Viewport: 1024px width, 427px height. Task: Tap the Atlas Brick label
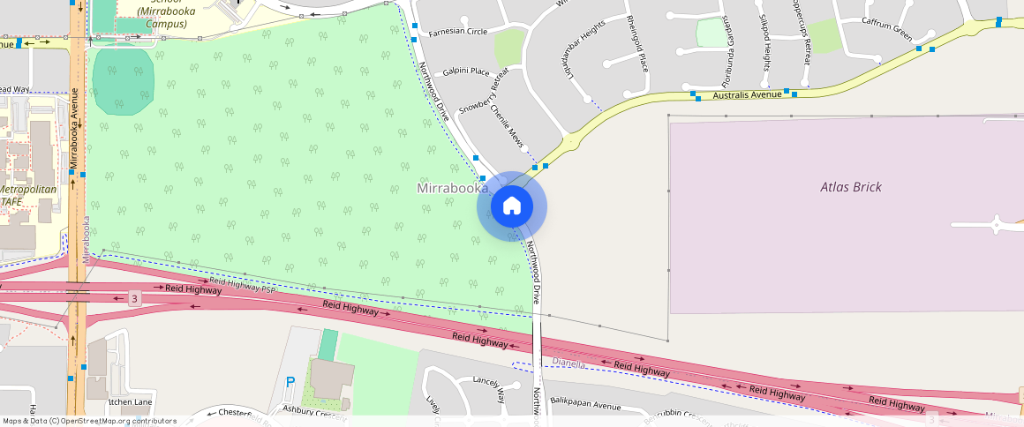pos(851,187)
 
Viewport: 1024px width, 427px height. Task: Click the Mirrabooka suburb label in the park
pos(451,189)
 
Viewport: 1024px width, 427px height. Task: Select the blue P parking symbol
pos(290,383)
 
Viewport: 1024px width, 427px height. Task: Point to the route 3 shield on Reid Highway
pos(134,298)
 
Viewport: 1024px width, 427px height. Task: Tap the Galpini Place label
pos(466,71)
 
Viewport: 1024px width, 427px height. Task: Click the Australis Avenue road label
pos(747,94)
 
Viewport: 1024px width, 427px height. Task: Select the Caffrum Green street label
pos(886,30)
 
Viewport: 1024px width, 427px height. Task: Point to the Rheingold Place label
pos(637,43)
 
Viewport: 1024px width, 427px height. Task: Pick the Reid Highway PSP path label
pos(244,282)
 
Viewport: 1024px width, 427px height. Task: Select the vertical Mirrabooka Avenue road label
pos(75,128)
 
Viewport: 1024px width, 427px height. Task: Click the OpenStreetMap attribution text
pos(90,421)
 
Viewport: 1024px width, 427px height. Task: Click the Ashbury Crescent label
pos(314,412)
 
